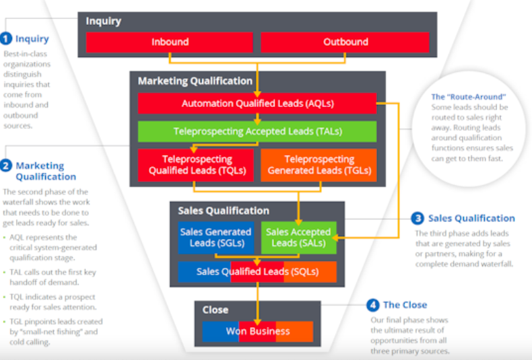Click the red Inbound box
170,42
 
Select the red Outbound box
345,42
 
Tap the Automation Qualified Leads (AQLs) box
257,104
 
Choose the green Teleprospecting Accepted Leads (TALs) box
257,131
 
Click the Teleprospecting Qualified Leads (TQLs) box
197,165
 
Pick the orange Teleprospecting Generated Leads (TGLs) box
319,165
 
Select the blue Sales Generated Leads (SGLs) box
215,238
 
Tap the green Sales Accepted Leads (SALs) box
298,238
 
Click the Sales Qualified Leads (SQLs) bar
257,272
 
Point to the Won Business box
258,331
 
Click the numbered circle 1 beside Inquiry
6,38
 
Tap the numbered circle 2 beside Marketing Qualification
6,166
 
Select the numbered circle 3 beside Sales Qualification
418,218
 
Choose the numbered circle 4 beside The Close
372,305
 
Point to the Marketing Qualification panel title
195,81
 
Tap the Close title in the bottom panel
215,310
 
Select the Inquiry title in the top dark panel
103,21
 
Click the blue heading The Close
405,305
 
